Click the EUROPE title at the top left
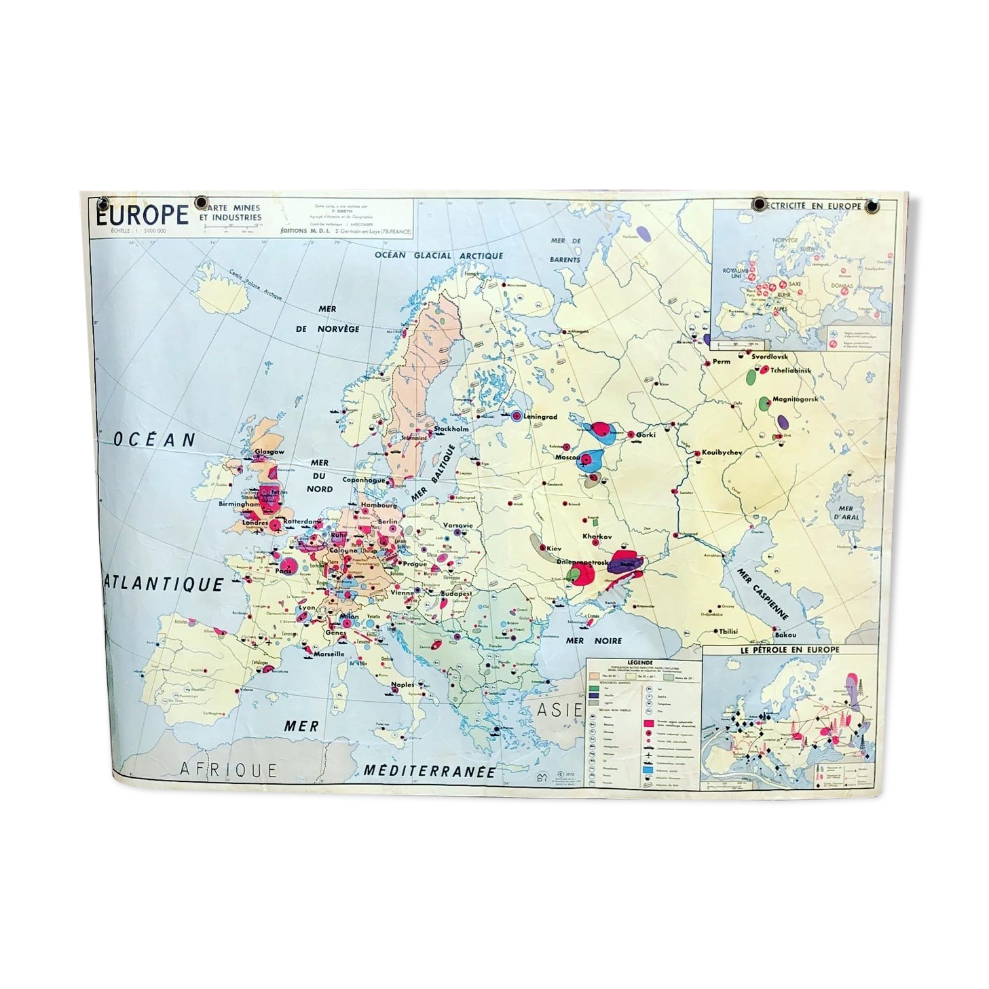(x=143, y=215)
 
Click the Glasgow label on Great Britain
(x=269, y=451)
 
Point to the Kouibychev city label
(x=722, y=452)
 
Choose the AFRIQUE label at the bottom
(x=229, y=769)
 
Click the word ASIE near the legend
(x=559, y=711)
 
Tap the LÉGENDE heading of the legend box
(x=640, y=662)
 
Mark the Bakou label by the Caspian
(x=785, y=635)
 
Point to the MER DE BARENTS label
(x=566, y=250)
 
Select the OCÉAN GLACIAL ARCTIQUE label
(x=440, y=255)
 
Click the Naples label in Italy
(x=403, y=685)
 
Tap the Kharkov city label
(x=597, y=536)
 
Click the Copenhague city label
(x=364, y=480)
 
